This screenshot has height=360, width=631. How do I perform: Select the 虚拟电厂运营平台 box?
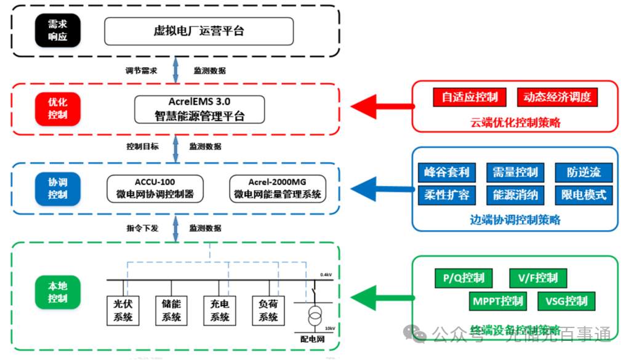198,31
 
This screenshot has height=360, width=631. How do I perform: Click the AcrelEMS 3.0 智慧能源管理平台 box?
199,109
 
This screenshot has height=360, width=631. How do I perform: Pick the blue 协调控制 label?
57,188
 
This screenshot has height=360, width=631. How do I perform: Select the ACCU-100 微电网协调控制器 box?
155,188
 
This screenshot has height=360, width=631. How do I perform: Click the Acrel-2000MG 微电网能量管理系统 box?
277,188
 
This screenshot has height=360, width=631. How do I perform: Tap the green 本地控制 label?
57,292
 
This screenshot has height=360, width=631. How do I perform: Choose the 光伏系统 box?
123,311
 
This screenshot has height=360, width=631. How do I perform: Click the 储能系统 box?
172,311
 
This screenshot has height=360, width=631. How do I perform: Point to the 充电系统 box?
220,311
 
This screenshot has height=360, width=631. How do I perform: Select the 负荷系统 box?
268,311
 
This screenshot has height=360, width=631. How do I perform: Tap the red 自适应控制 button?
469,97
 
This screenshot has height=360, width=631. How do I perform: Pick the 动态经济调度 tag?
557,97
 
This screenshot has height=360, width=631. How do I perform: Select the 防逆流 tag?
584,172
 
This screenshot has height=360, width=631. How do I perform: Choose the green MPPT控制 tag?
498,301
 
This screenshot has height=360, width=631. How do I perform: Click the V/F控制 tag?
538,278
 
